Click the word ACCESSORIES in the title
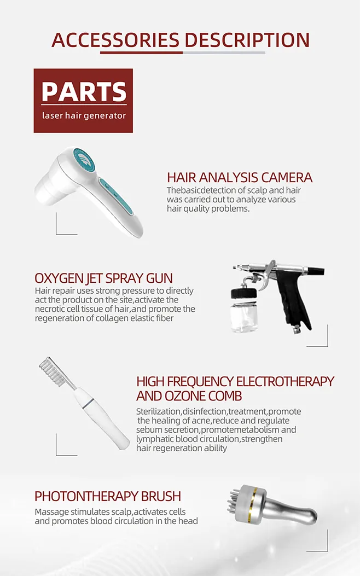pyautogui.click(x=115, y=40)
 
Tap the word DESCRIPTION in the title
pyautogui.click(x=247, y=40)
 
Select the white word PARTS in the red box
pyautogui.click(x=84, y=91)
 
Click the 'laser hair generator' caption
pyautogui.click(x=84, y=115)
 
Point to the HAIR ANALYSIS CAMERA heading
pyautogui.click(x=240, y=177)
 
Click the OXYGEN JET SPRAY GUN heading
pyautogui.click(x=103, y=278)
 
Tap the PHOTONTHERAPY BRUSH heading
pyautogui.click(x=108, y=496)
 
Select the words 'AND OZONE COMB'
pyautogui.click(x=189, y=395)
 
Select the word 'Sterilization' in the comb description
pyautogui.click(x=159, y=411)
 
